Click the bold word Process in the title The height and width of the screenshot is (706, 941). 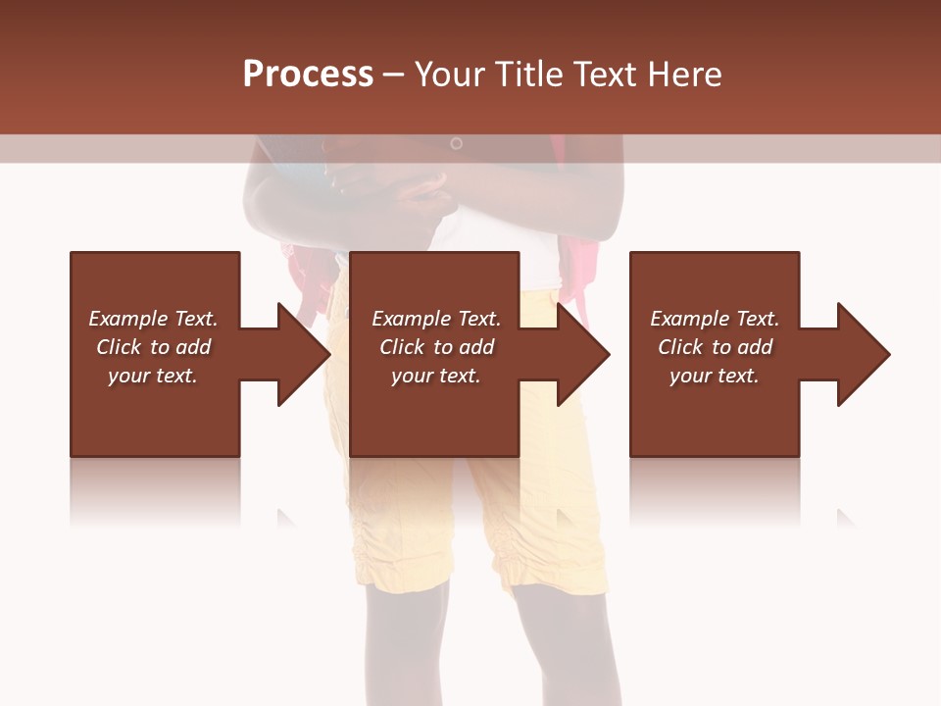click(308, 75)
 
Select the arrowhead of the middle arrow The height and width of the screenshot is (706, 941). click(585, 353)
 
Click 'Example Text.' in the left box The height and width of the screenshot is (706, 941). click(153, 319)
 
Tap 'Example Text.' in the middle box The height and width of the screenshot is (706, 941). click(436, 319)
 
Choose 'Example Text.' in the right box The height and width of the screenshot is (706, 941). click(715, 319)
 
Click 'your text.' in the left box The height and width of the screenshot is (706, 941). click(153, 376)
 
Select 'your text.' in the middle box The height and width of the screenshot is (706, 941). click(436, 376)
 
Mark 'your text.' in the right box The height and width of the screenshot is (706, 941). click(715, 376)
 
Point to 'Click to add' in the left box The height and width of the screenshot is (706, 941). click(153, 347)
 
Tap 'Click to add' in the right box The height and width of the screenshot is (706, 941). click(715, 347)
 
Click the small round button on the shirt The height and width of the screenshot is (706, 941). click(456, 144)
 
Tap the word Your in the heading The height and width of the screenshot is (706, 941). click(451, 75)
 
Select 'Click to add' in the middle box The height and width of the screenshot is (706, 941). click(436, 347)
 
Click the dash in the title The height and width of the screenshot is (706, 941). click(394, 76)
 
